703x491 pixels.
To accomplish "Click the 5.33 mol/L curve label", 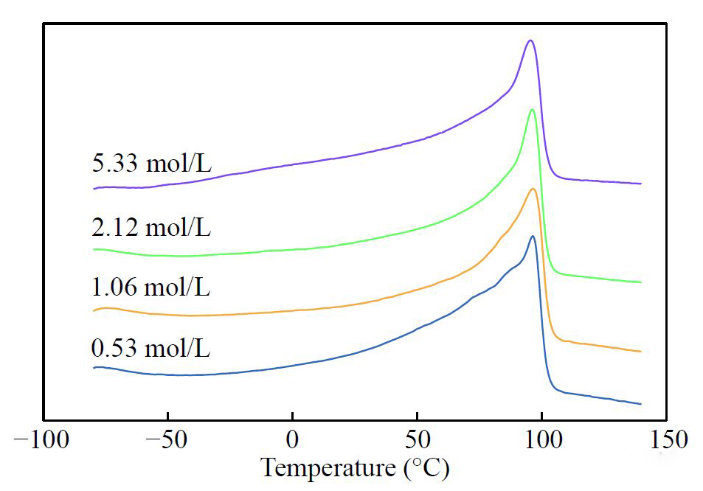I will [151, 164].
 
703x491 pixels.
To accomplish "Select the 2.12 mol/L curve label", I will [151, 228].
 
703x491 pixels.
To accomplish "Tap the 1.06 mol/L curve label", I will [151, 287].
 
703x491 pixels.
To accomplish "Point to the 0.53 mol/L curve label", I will [151, 347].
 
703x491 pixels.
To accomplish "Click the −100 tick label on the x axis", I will [44, 441].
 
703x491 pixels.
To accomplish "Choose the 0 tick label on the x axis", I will [292, 441].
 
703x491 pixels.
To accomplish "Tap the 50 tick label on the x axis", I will [417, 441].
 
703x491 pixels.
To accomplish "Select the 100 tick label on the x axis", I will [541, 441].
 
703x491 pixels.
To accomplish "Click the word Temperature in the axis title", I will [328, 467].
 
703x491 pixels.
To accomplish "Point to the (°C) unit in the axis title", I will [424, 467].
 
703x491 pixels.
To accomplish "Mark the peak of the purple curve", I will [530, 41].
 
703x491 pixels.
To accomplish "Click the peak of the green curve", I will [532, 109].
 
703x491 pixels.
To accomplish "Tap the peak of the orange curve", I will [533, 189].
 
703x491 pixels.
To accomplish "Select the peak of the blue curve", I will [533, 236].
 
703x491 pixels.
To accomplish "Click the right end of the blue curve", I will [640, 403].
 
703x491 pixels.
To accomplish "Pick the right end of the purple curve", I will [640, 183].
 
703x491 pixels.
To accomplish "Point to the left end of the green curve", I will [94, 250].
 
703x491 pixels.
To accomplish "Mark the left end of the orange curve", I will [94, 310].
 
